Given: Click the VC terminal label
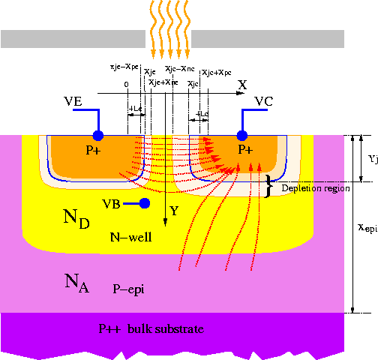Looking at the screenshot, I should click(x=264, y=101).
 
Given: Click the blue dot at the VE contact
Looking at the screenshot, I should click(x=97, y=135).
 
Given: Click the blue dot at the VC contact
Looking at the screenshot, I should click(x=242, y=135).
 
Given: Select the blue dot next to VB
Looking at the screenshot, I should click(x=144, y=203).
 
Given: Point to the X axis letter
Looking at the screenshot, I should click(x=242, y=85).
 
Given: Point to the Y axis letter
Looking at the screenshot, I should click(x=174, y=211).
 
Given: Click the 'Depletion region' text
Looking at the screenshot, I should click(x=316, y=188).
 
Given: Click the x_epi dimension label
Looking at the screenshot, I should click(x=366, y=228).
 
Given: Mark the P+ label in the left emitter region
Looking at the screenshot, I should click(x=94, y=150).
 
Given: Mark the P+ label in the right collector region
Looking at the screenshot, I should click(x=245, y=150).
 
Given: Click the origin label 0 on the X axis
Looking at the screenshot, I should click(x=127, y=84).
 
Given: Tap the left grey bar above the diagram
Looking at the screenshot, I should click(x=75, y=38).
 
